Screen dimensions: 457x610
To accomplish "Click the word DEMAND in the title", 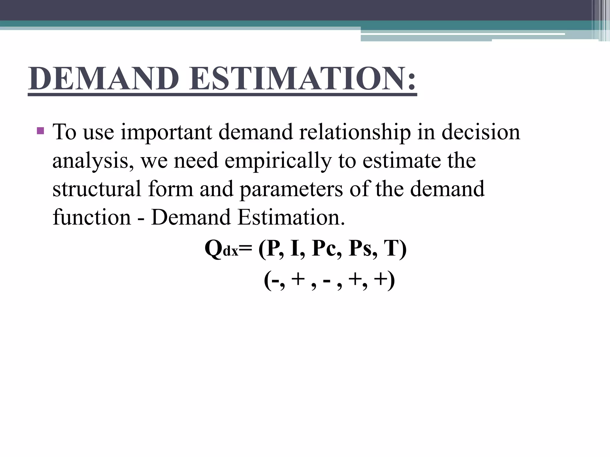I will [x=104, y=79].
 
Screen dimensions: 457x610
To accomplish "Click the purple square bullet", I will [x=40, y=131].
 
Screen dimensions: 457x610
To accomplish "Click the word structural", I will [x=97, y=189].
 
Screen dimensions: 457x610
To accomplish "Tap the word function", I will [x=92, y=217].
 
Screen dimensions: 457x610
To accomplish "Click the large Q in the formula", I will [x=213, y=249].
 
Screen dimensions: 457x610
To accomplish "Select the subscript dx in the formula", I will [x=231, y=252].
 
